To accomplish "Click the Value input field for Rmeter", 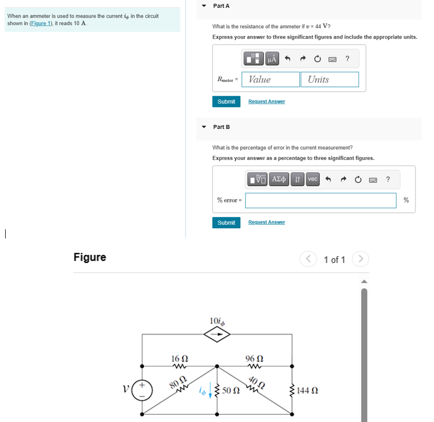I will coord(271,79).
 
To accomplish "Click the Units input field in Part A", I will coord(329,79).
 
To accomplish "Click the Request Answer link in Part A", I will coord(266,102).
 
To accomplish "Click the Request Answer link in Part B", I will coord(266,223).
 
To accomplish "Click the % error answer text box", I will coord(320,200).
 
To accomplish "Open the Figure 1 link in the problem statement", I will coord(44,24).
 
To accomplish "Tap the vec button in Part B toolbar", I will coord(312,179).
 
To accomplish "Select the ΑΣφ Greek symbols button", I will coord(279,179).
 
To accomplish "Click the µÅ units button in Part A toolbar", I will coord(272,59).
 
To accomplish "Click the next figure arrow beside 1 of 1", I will coord(361,259).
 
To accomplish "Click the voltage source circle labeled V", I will coord(142,390).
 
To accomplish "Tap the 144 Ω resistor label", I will coord(310,391).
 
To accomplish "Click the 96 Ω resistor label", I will coord(254,357).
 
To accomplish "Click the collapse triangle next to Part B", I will coord(204,126).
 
